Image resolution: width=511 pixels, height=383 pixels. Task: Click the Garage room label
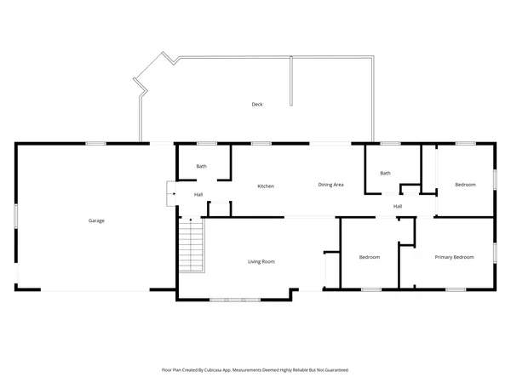(x=96, y=220)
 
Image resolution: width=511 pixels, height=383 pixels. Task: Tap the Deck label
(x=256, y=105)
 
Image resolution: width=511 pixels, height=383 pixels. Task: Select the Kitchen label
(x=266, y=185)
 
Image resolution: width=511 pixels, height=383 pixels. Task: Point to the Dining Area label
(x=330, y=185)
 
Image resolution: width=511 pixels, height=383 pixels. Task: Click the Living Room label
(x=261, y=261)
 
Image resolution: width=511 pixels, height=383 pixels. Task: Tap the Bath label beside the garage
(x=202, y=167)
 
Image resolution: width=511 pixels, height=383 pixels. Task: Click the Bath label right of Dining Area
(x=385, y=174)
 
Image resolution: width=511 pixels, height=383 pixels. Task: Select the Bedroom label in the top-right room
(x=464, y=185)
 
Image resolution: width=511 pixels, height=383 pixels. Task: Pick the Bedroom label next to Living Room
(x=369, y=257)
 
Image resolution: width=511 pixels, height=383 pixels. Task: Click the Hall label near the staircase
(x=198, y=195)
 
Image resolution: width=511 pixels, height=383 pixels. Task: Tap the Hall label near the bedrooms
(x=398, y=207)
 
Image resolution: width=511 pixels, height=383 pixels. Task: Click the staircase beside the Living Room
(x=193, y=245)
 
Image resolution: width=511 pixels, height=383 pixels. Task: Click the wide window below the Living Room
(x=235, y=299)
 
